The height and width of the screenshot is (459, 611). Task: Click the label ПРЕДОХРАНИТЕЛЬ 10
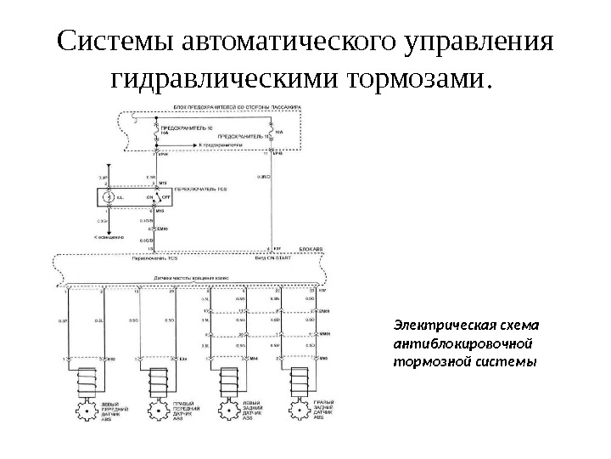click(x=180, y=127)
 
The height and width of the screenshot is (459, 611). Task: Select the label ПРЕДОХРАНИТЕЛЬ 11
click(x=245, y=135)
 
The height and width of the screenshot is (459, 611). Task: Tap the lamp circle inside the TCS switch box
click(x=107, y=196)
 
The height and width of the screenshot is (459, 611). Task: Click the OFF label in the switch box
click(x=166, y=196)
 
